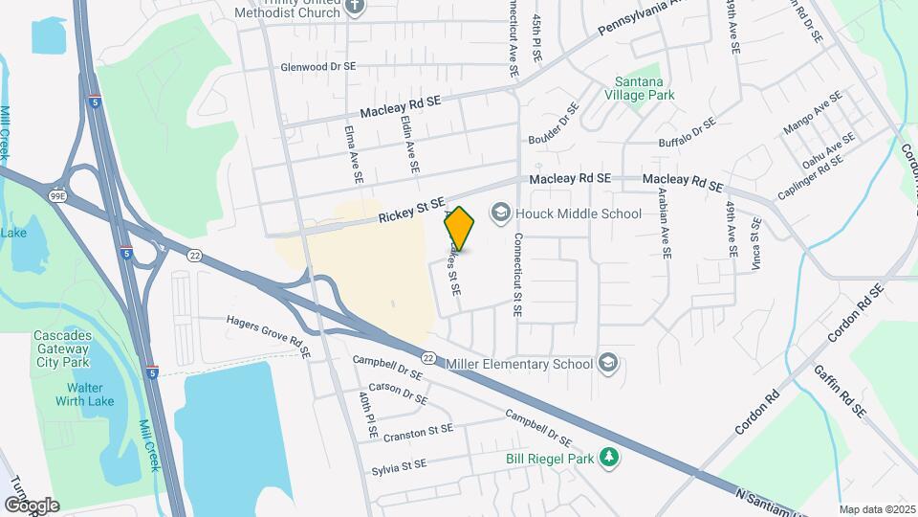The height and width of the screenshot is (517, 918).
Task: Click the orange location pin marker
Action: [460, 229]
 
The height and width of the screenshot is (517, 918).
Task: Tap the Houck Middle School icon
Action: [500, 213]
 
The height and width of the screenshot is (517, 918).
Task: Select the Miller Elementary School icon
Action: [607, 364]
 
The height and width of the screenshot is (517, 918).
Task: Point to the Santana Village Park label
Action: [640, 88]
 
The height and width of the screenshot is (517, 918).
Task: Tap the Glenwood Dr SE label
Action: [317, 67]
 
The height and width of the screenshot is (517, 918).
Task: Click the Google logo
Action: [32, 505]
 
